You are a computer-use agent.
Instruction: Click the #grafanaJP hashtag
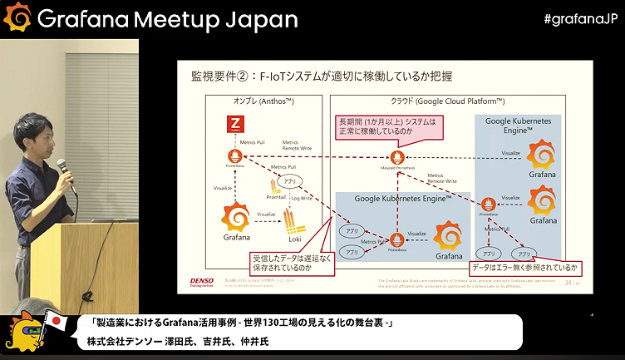pos(579,18)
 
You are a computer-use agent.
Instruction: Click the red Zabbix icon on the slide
pos(234,126)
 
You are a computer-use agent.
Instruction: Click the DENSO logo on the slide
pos(196,283)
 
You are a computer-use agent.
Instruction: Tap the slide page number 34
pos(568,283)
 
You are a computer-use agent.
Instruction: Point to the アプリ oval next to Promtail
pos(290,180)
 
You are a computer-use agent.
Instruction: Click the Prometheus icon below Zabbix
pos(234,156)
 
